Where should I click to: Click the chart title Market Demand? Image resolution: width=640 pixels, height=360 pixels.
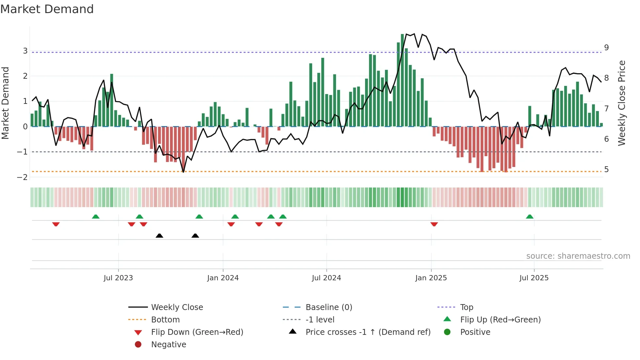(47, 9)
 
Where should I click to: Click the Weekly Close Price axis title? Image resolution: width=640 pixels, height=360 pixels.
(622, 103)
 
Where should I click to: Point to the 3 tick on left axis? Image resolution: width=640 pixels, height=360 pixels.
(25, 51)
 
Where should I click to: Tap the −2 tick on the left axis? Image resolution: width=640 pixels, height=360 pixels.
(23, 177)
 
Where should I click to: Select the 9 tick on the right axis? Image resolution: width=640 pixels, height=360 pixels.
(606, 48)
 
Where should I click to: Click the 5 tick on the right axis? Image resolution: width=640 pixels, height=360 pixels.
(606, 170)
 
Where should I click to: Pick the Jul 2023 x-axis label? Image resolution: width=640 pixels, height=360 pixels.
(118, 278)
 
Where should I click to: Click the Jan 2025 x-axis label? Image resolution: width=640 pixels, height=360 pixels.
(431, 278)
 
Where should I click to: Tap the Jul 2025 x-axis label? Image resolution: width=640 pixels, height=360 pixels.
(534, 278)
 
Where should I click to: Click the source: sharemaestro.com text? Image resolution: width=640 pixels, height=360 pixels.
(578, 256)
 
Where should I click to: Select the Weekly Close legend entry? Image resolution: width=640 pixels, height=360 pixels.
(177, 307)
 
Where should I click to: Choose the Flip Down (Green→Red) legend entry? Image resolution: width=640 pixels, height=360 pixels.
(197, 332)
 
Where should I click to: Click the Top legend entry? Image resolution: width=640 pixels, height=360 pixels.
(466, 307)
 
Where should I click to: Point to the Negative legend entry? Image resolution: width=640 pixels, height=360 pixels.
(168, 345)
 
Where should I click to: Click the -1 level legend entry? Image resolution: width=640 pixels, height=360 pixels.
(320, 320)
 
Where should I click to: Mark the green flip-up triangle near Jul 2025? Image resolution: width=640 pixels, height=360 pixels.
(530, 217)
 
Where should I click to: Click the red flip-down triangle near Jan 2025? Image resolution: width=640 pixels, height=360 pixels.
(434, 224)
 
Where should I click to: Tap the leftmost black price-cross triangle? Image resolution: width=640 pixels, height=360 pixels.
(159, 236)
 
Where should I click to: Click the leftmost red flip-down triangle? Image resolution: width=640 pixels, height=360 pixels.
(56, 224)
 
